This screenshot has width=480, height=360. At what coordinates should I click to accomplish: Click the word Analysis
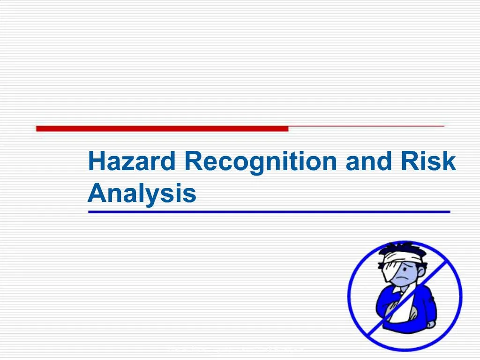point(142,193)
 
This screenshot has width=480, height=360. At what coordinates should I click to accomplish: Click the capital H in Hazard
point(96,162)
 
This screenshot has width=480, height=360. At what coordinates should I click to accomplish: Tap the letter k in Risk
point(450,162)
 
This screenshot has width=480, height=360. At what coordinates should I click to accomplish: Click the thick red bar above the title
point(162,128)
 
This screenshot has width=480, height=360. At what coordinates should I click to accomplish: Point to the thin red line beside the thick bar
point(366,127)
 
